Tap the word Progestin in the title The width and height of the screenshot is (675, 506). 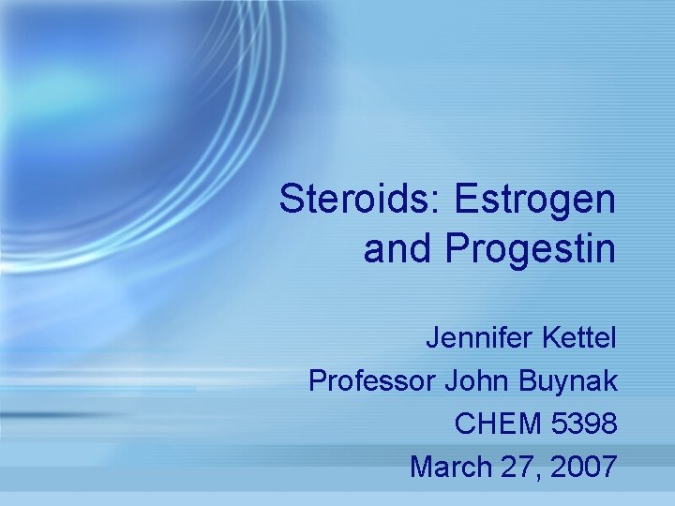530,248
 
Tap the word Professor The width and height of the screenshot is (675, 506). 371,380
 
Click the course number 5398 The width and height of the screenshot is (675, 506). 583,424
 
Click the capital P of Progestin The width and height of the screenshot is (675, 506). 457,248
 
